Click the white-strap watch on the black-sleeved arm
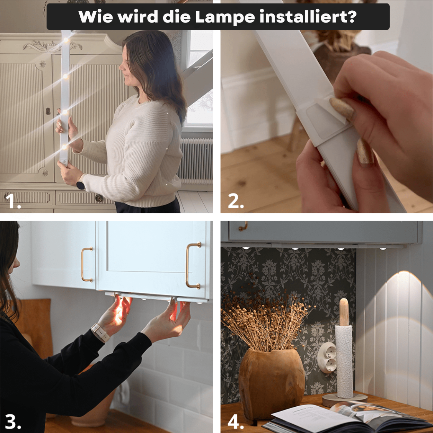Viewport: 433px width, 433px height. point(100,332)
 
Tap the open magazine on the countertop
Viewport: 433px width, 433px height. point(351,417)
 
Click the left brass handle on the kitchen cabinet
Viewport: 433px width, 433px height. point(87,264)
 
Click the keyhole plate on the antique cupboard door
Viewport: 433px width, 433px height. point(48,111)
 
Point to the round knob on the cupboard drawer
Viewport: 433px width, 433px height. point(98,198)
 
